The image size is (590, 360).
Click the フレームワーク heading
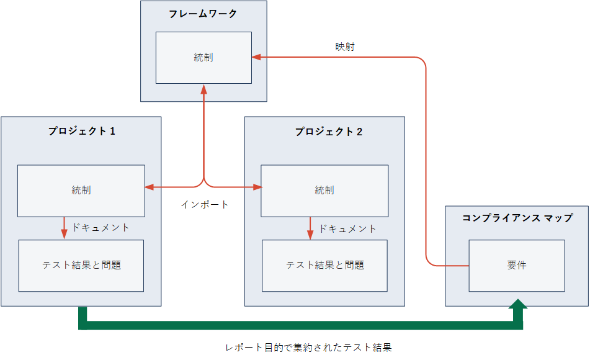[203, 14]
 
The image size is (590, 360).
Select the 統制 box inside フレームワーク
[203, 58]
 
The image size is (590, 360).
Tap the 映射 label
[345, 47]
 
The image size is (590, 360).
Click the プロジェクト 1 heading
[82, 131]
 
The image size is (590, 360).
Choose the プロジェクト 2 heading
[328, 132]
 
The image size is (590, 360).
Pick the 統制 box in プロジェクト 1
[81, 191]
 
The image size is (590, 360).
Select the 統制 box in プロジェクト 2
[324, 191]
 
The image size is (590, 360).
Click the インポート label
[205, 204]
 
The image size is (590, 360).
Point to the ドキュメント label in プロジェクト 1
[101, 227]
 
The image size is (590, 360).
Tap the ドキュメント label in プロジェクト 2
[347, 228]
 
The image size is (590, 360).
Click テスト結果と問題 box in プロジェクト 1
[81, 266]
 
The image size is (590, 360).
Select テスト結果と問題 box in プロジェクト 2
[324, 266]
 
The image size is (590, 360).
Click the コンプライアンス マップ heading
[517, 218]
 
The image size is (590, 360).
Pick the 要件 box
[517, 266]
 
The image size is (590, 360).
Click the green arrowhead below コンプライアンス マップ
[518, 305]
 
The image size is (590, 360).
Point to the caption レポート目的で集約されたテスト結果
[308, 347]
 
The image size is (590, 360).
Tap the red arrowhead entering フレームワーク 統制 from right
[257, 57]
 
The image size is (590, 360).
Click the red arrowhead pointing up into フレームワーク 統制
[204, 89]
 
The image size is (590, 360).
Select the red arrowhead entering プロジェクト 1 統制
[150, 187]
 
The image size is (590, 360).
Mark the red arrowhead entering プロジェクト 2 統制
[257, 187]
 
